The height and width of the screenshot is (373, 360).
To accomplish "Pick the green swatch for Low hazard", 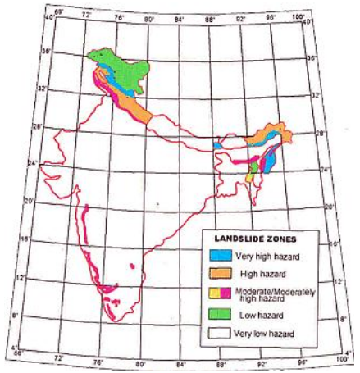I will pos(219,314).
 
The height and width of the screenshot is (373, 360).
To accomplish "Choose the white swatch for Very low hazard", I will pos(219,333).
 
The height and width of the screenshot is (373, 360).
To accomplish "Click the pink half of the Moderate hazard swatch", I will pos(224,293).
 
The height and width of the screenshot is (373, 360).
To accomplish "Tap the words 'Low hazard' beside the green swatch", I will pos(254,315).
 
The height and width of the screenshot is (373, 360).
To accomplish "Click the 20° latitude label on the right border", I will pos(329,207).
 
